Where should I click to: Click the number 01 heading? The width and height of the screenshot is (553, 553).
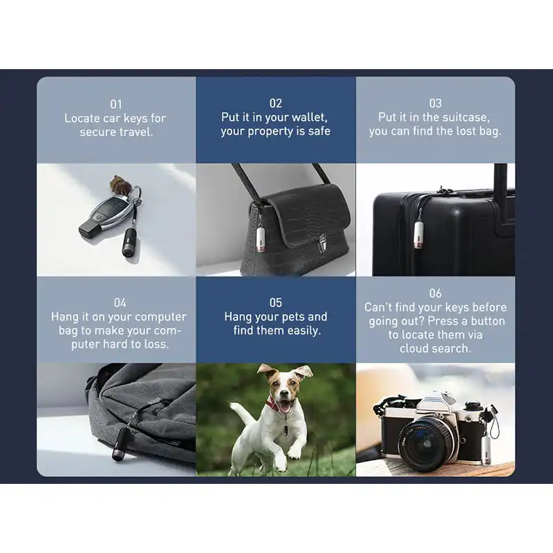(x=115, y=104)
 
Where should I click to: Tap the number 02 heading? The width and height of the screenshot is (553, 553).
(x=275, y=103)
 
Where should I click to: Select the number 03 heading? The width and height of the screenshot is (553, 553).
(x=435, y=103)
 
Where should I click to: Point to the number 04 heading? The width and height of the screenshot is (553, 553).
(x=120, y=303)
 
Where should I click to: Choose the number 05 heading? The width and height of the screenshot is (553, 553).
(x=275, y=302)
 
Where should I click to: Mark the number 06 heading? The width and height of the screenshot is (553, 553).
(x=435, y=293)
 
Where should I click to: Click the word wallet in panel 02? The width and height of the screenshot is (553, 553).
(x=307, y=117)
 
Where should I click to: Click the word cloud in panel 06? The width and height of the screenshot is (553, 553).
(x=414, y=348)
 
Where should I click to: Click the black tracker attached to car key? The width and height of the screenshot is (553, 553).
(x=130, y=242)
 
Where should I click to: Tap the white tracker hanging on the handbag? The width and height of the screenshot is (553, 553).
(x=261, y=239)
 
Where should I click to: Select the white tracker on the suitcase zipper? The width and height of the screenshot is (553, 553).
(x=418, y=234)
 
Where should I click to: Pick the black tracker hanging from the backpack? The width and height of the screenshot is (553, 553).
(x=120, y=444)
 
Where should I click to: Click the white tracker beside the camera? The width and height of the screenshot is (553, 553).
(x=487, y=450)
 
